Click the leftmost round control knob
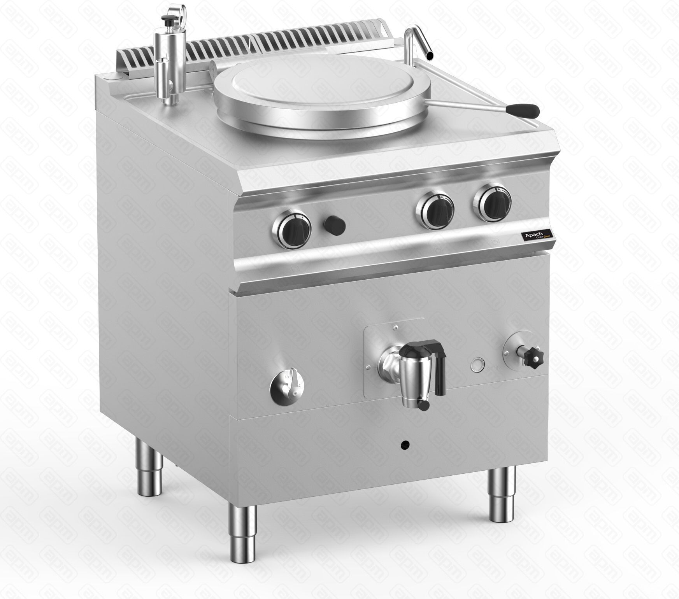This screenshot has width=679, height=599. [x=291, y=231]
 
